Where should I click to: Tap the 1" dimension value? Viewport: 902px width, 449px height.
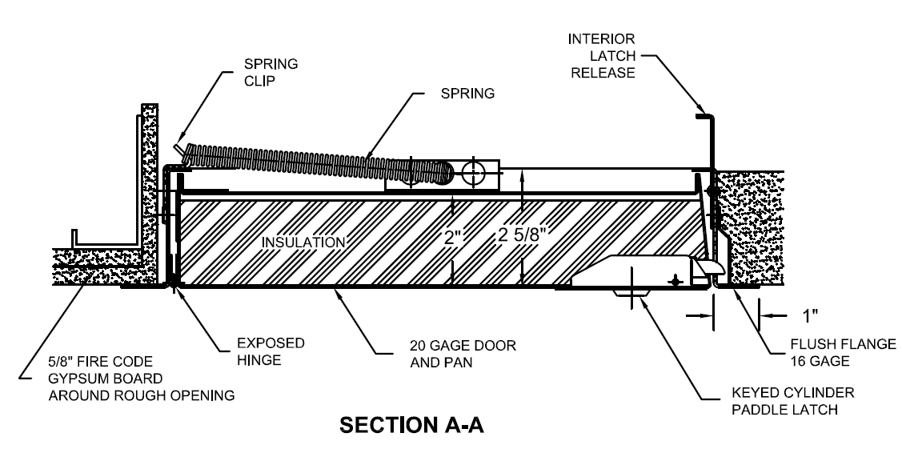click(x=811, y=315)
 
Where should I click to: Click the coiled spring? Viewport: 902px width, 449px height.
click(x=320, y=162)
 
